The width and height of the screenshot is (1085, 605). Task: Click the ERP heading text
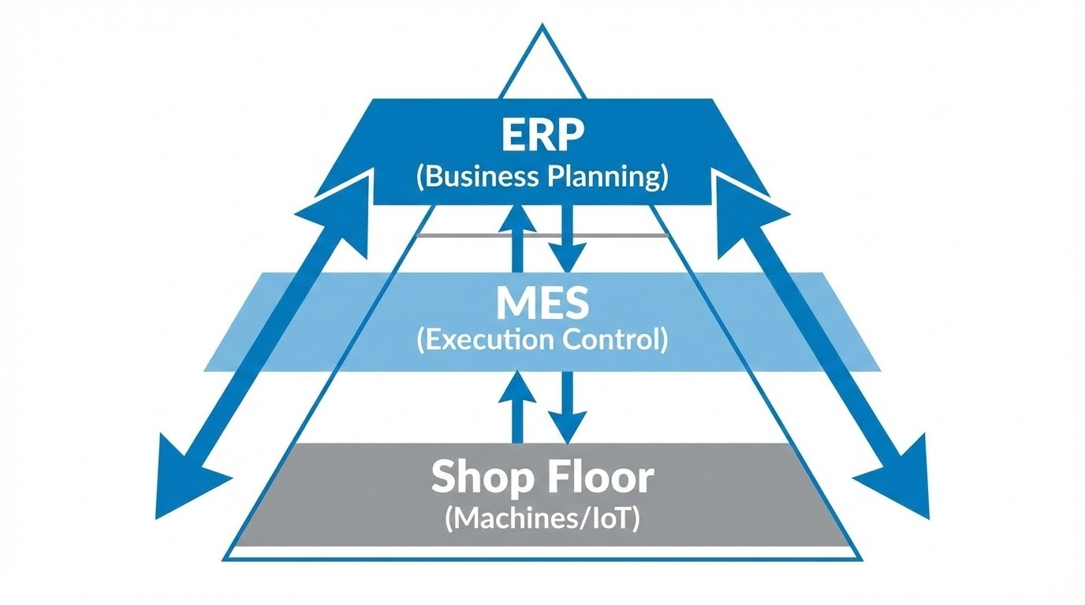click(542, 136)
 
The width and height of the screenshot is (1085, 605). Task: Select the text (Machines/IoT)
click(542, 519)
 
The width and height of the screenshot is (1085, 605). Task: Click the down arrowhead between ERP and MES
click(566, 257)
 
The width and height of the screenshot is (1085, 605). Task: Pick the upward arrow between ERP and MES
click(517, 228)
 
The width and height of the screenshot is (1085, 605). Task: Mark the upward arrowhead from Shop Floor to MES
click(517, 386)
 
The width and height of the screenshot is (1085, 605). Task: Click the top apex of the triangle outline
click(542, 27)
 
